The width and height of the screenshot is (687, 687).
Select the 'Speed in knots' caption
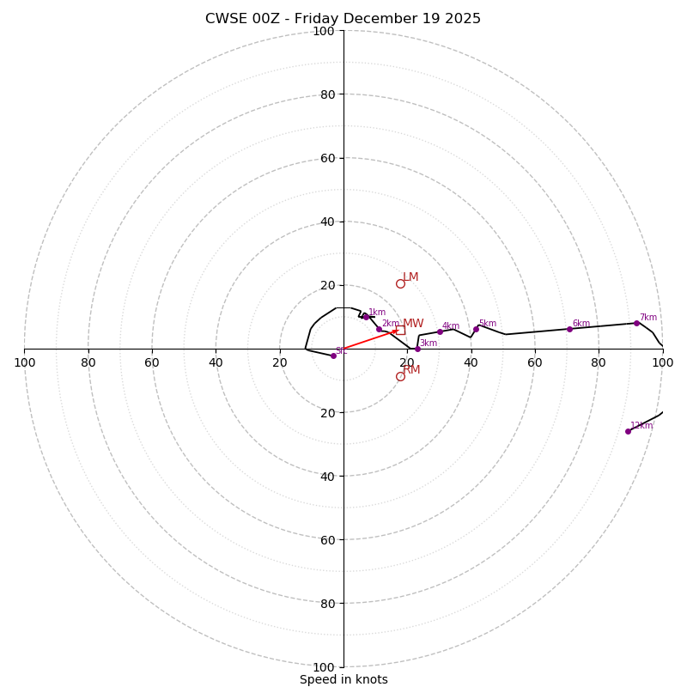[343, 679]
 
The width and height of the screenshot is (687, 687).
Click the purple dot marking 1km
[365, 317]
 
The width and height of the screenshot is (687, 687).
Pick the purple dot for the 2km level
[379, 329]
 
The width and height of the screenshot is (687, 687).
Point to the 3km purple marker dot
[417, 349]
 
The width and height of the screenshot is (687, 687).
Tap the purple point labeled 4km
[440, 331]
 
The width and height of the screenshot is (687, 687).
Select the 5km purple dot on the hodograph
[476, 329]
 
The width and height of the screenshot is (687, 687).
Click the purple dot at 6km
[569, 329]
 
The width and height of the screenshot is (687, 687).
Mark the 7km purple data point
[636, 323]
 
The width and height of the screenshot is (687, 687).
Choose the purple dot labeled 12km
[628, 431]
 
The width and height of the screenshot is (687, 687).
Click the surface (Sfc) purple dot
[333, 356]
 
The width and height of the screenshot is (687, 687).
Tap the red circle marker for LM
[400, 283]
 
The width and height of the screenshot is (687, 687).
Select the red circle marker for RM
[400, 376]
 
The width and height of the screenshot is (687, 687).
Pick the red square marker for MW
[400, 330]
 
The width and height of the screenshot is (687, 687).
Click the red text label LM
[411, 277]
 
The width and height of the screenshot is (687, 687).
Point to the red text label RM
[412, 370]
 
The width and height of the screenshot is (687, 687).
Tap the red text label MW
[414, 324]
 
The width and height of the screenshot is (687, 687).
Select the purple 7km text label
[647, 318]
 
